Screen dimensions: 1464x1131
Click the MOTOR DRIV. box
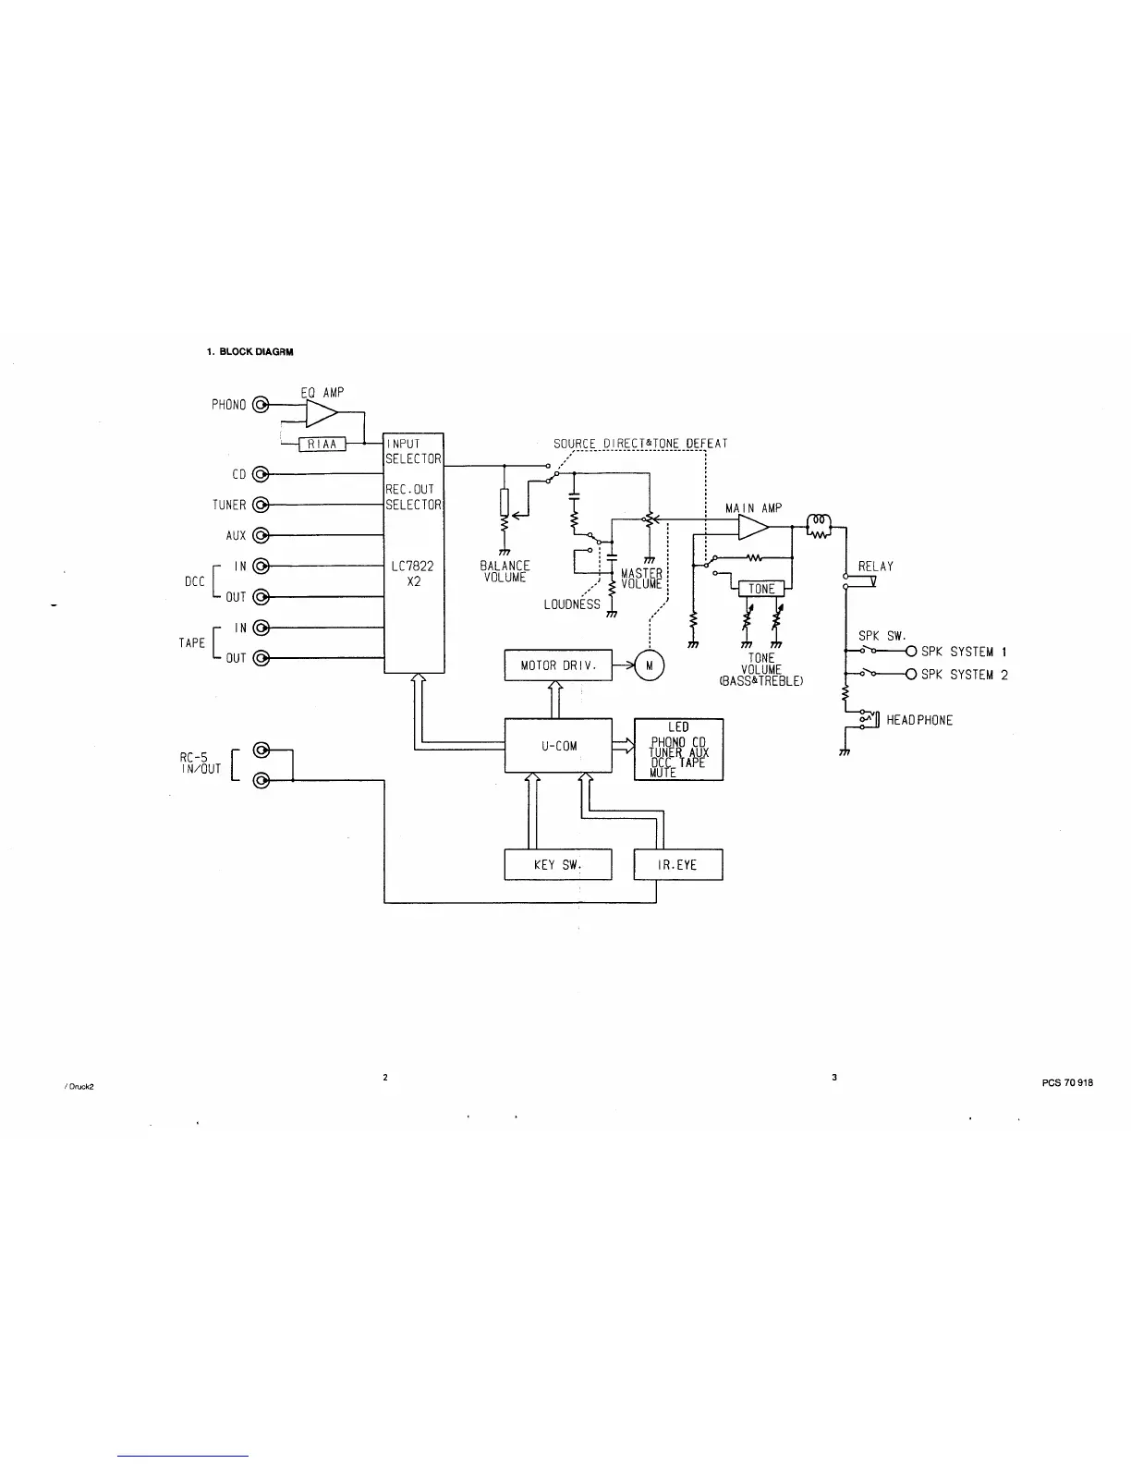pyautogui.click(x=558, y=665)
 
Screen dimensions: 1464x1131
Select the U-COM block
pyautogui.click(x=558, y=745)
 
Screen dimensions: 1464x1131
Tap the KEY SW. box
pyautogui.click(x=558, y=865)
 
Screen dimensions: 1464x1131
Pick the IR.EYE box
pyautogui.click(x=677, y=865)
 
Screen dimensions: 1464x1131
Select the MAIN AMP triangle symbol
pyautogui.click(x=753, y=527)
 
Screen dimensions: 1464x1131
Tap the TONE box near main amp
pyautogui.click(x=761, y=589)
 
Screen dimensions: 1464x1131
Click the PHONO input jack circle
pyautogui.click(x=261, y=404)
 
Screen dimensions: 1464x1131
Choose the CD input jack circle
pyautogui.click(x=261, y=474)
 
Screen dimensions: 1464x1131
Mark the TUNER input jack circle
pyautogui.click(x=261, y=505)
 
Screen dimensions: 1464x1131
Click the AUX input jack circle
pyautogui.click(x=261, y=535)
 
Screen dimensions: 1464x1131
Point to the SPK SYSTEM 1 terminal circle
pyautogui.click(x=911, y=652)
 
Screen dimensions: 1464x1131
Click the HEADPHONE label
pyautogui.click(x=918, y=720)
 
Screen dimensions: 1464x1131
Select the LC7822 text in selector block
pyautogui.click(x=413, y=567)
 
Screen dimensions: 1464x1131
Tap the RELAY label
pyautogui.click(x=876, y=567)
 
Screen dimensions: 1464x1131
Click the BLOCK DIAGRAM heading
pyautogui.click(x=249, y=351)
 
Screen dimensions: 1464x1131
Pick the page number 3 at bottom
pyautogui.click(x=834, y=1077)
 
